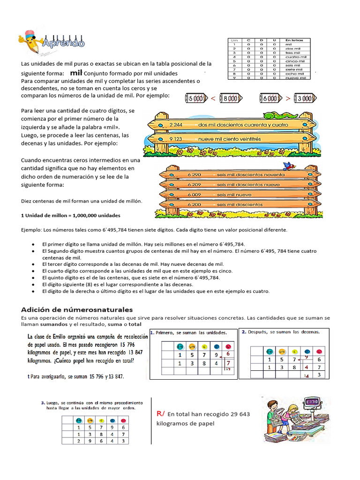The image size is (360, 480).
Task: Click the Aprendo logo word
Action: pos(63,44)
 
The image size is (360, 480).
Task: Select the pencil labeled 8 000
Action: pos(230,98)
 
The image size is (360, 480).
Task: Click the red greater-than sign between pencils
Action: pos(287,98)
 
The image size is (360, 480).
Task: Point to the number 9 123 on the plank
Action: pos(176,139)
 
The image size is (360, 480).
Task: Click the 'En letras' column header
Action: pos(295,40)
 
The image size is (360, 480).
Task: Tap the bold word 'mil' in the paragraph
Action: pos(76,73)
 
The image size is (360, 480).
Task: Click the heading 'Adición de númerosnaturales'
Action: pos(77,309)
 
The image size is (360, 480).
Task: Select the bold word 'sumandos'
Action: pos(54,324)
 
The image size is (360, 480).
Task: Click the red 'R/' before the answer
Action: pos(161,413)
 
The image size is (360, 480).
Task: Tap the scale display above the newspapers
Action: pos(312,402)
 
